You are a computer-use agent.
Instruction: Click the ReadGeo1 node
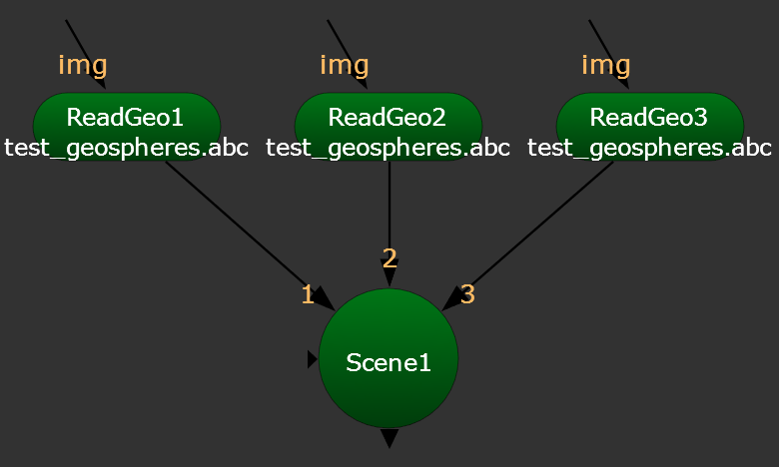click(x=126, y=117)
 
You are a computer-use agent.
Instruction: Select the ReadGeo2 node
click(x=388, y=117)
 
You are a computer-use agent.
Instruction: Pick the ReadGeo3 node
click(x=649, y=117)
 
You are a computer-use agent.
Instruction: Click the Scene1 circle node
click(x=389, y=360)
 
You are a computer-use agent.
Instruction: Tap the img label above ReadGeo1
click(x=83, y=66)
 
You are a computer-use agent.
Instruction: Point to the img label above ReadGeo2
click(x=345, y=66)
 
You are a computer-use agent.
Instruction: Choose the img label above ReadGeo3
click(x=606, y=66)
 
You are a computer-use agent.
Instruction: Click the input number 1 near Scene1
click(x=308, y=294)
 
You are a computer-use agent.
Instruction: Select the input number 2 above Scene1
click(x=389, y=258)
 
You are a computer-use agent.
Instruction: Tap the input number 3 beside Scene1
click(x=467, y=294)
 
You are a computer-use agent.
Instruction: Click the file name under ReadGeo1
click(x=126, y=148)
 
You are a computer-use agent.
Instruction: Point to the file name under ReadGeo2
click(x=388, y=148)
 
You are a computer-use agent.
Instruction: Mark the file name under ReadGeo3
click(x=649, y=148)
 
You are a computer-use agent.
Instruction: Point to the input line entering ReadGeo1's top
click(x=84, y=50)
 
